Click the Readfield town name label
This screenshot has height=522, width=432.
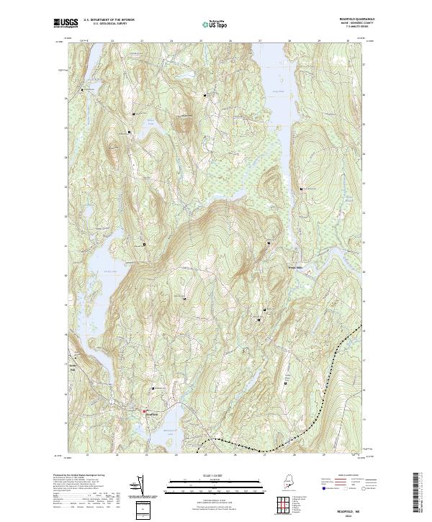(x=151, y=415)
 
